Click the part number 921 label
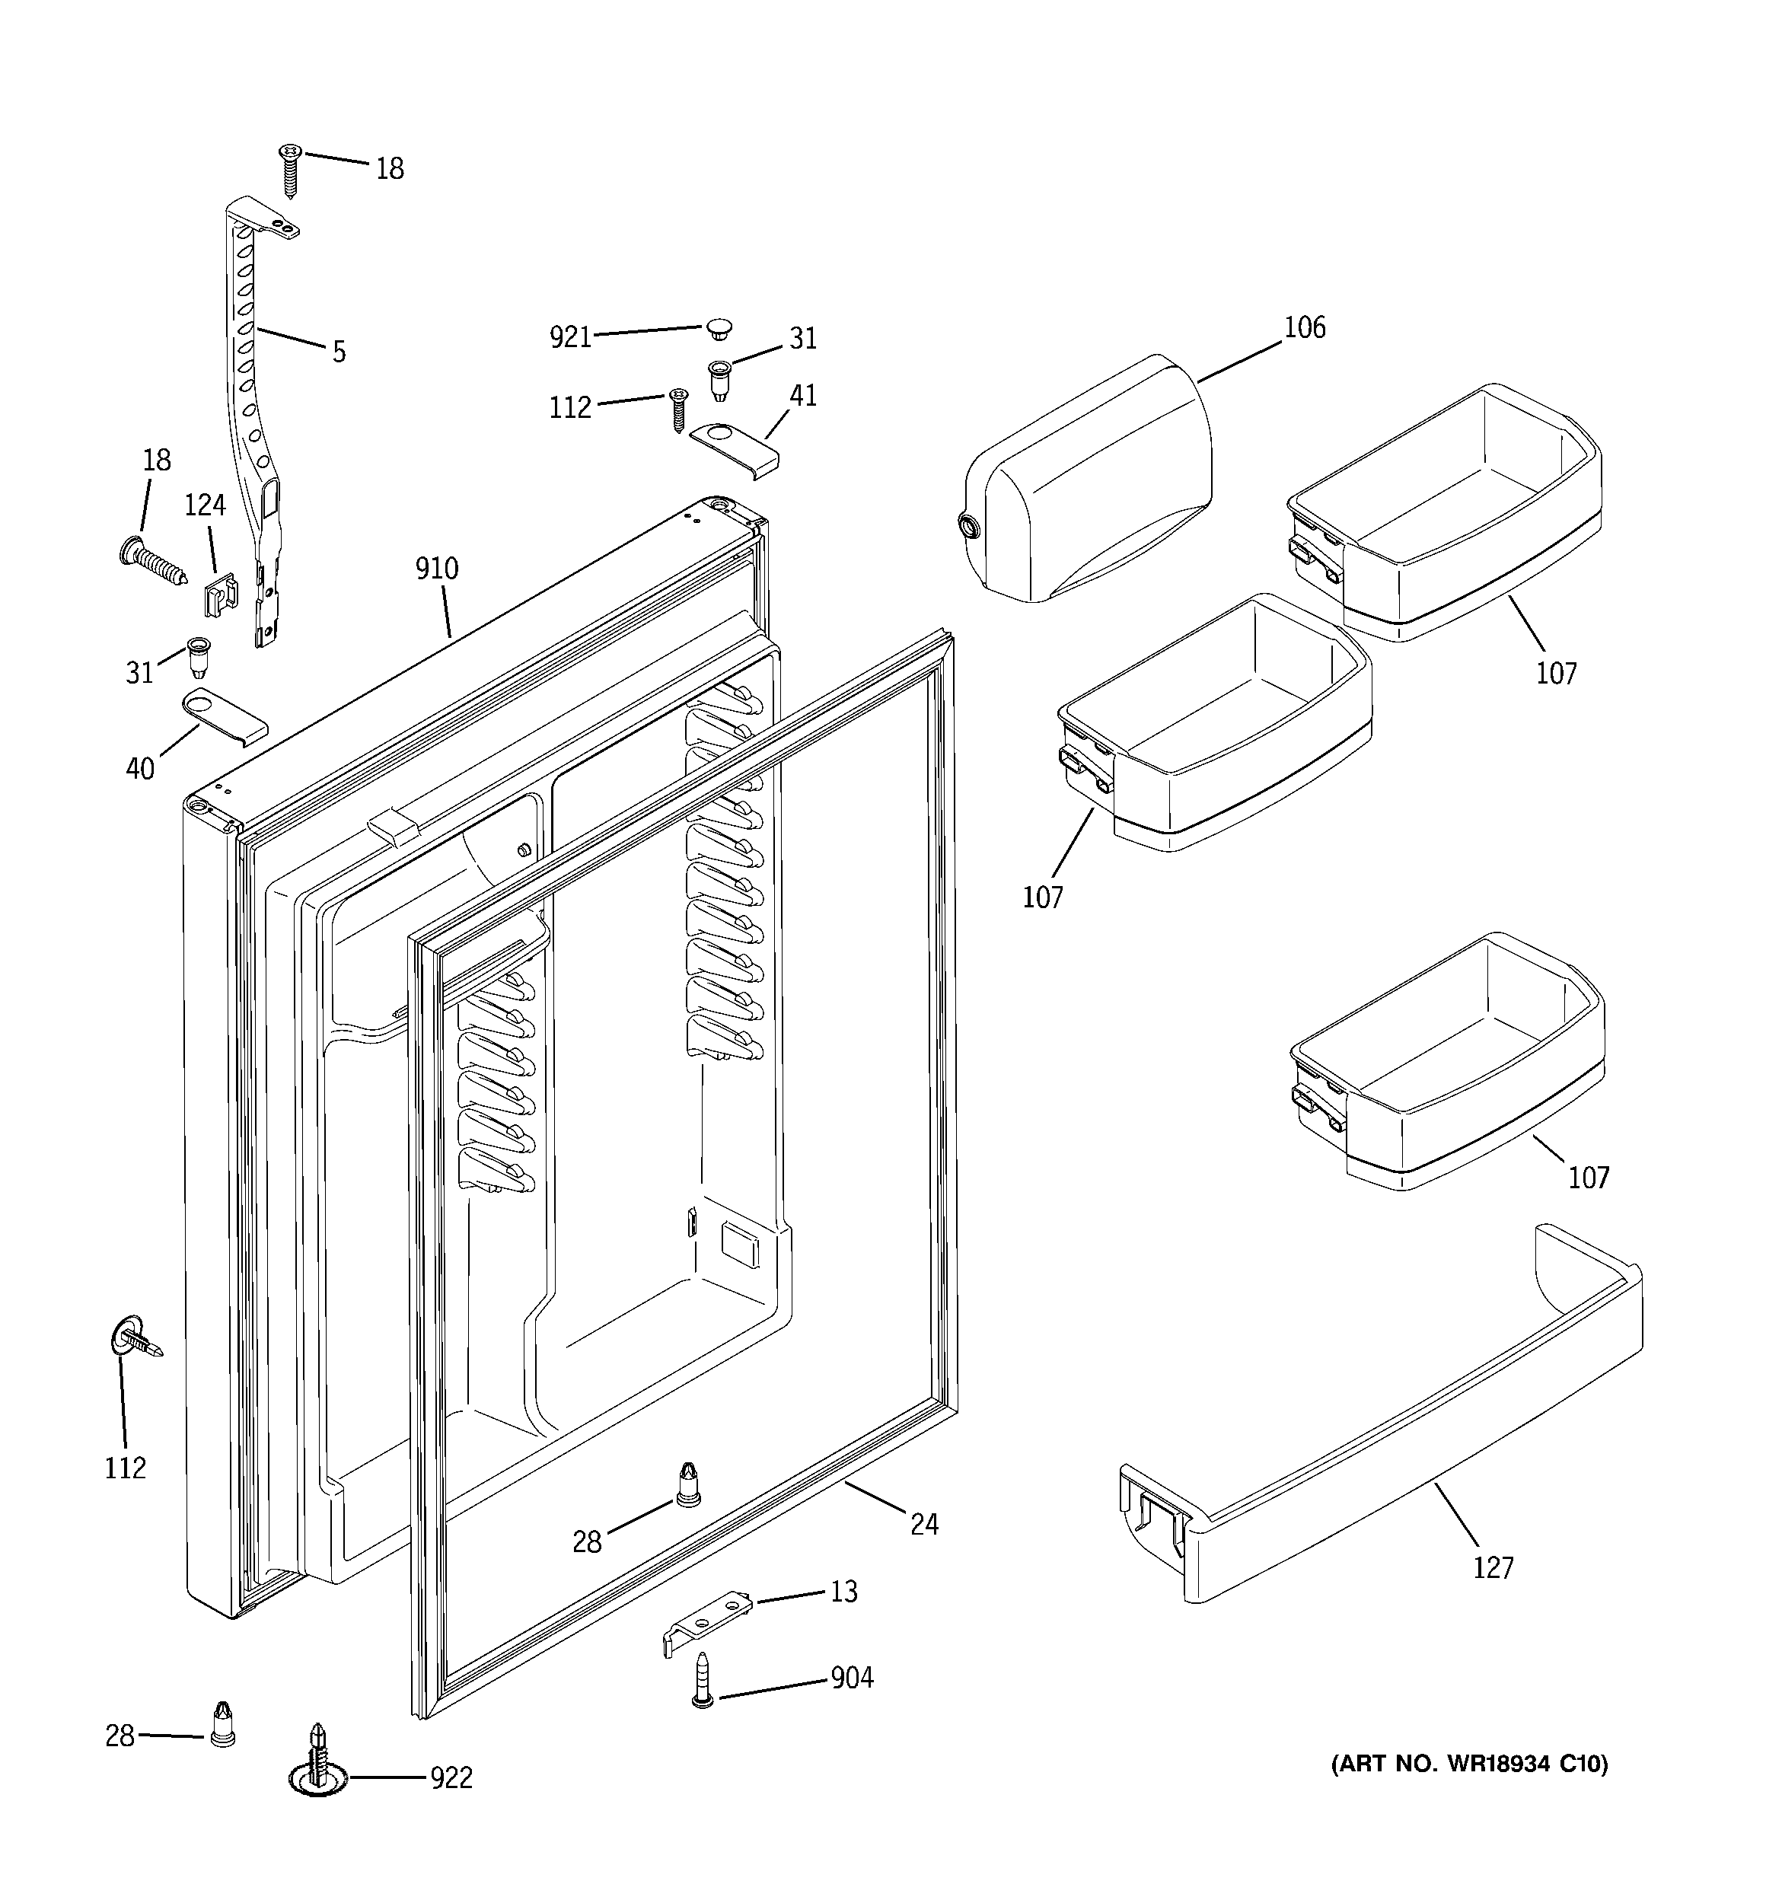tap(571, 337)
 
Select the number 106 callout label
tap(1305, 328)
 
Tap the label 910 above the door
tap(436, 569)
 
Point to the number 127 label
tap(1493, 1568)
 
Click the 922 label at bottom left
tap(451, 1779)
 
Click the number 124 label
tap(205, 505)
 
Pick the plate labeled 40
tap(225, 715)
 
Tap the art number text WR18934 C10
tap(1469, 1764)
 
